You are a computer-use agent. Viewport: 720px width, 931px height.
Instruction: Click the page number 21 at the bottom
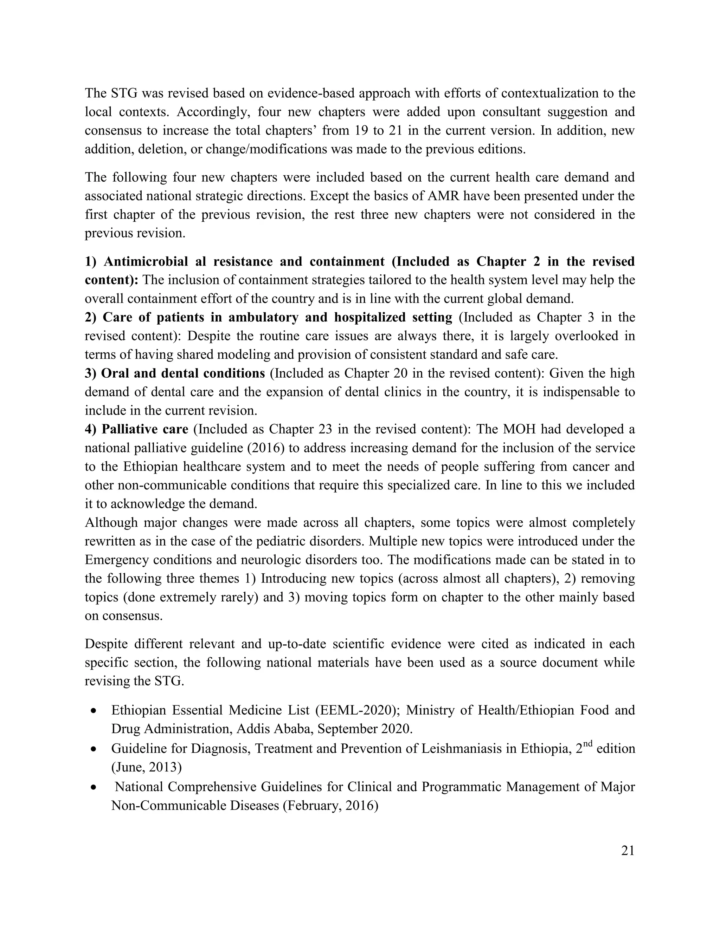pyautogui.click(x=628, y=851)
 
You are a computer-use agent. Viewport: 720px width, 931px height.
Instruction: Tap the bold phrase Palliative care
pyautogui.click(x=145, y=429)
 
